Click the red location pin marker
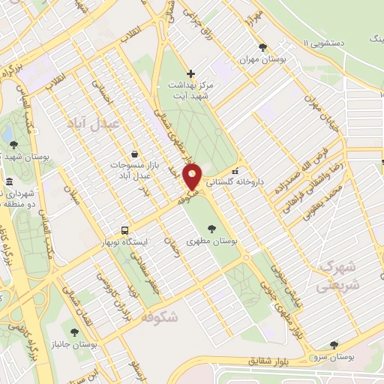193,176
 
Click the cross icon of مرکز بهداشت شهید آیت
190,73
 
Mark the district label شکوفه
158,316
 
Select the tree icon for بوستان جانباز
73,331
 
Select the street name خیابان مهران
322,113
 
